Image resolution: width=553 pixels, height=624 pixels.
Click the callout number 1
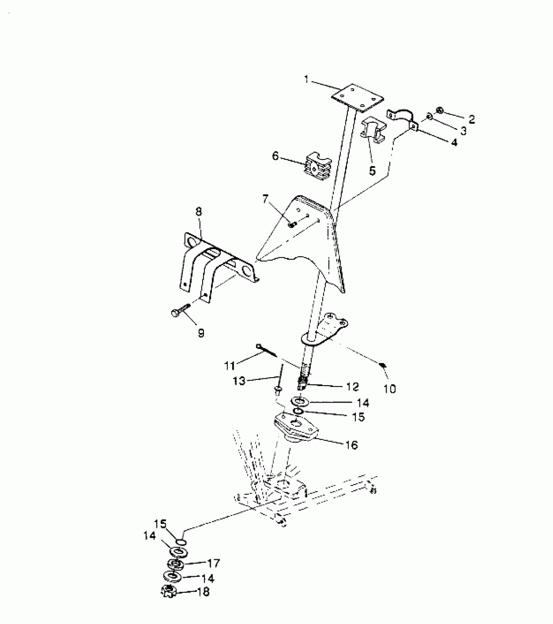[x=306, y=79]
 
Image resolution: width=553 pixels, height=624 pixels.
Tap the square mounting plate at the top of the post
[x=357, y=98]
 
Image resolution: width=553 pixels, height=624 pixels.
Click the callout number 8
[x=199, y=212]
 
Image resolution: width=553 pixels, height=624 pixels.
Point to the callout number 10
[x=390, y=389]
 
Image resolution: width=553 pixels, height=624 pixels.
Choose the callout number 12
[x=352, y=387]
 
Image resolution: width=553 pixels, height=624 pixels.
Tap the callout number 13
[x=239, y=381]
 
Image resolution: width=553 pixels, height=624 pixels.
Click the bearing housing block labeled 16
[x=296, y=429]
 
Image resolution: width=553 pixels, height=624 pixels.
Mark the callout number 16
[x=350, y=445]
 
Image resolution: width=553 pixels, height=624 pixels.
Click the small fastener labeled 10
[x=384, y=365]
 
